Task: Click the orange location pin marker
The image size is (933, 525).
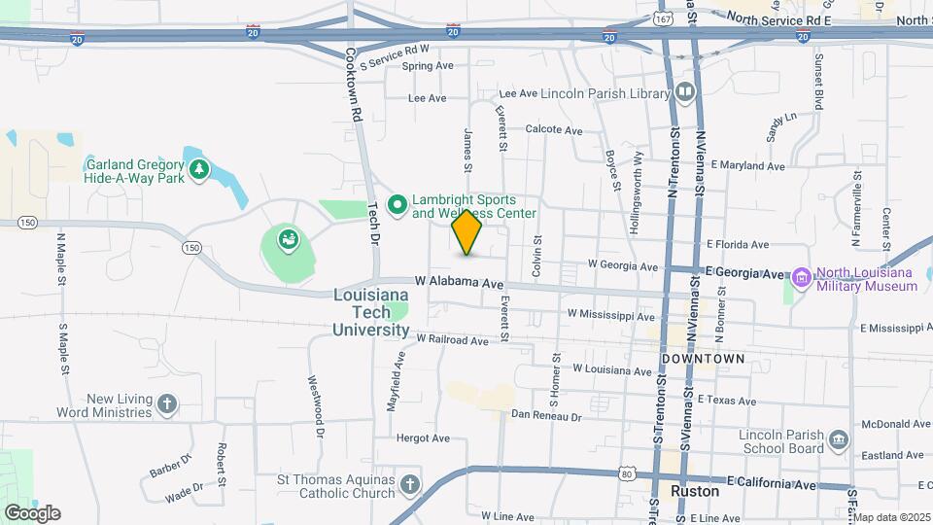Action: tap(467, 232)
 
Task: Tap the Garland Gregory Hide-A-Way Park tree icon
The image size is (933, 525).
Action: tap(199, 171)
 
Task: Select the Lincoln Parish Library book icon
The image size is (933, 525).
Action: tap(686, 93)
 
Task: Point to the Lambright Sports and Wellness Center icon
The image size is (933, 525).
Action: tap(397, 205)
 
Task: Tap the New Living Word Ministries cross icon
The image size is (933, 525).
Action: tap(168, 404)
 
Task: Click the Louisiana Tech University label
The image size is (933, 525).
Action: tap(371, 312)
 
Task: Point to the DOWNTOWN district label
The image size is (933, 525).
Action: tap(703, 359)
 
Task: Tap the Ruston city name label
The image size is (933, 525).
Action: tap(695, 491)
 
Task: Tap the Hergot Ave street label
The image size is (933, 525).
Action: tap(420, 438)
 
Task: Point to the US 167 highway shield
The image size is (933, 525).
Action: tap(664, 18)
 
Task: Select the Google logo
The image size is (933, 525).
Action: tap(31, 512)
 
